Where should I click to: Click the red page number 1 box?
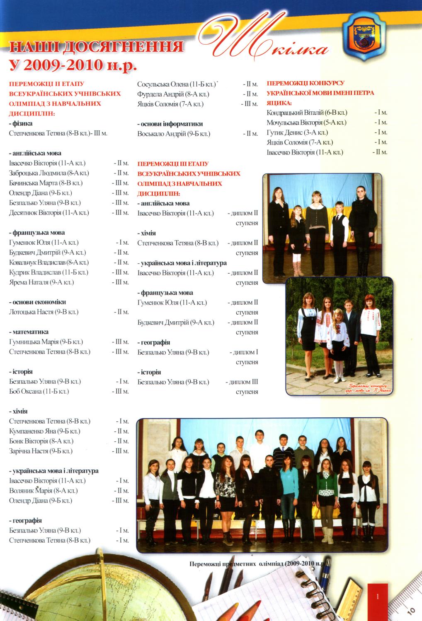(x=378, y=596)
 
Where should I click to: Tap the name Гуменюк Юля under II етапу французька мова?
(x=29, y=243)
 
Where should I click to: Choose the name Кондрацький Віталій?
(x=295, y=113)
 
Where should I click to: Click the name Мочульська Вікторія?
(x=295, y=123)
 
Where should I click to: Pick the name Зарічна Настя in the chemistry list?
(x=29, y=451)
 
